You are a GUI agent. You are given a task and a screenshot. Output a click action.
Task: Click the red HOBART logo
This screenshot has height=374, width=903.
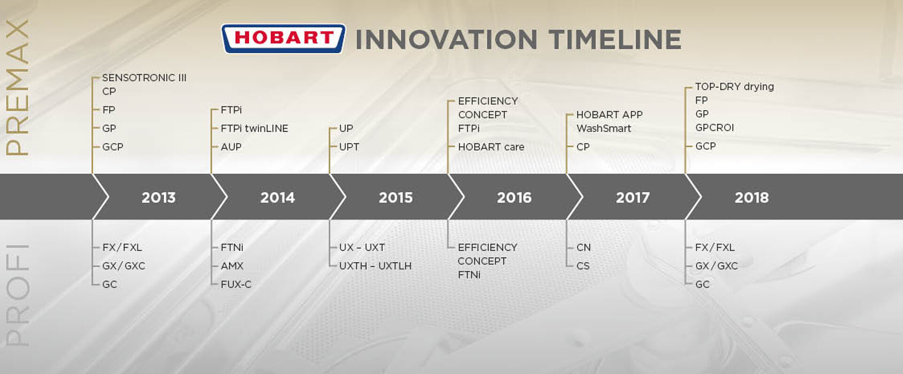[283, 39]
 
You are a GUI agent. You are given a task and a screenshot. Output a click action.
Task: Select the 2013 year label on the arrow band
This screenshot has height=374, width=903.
[158, 198]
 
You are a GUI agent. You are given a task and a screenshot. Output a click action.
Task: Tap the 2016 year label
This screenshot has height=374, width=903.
[514, 198]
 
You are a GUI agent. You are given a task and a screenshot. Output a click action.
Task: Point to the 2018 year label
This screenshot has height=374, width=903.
[752, 198]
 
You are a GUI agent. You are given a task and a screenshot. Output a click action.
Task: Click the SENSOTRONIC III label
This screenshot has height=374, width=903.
[144, 78]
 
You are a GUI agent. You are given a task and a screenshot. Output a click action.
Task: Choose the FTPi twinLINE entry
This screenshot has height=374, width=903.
[254, 128]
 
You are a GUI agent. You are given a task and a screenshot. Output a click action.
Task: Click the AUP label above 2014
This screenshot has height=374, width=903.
[231, 147]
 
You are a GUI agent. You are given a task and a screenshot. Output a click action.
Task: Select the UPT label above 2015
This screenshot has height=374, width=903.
[349, 147]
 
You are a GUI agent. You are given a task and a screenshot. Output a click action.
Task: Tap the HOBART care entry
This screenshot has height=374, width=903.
[491, 147]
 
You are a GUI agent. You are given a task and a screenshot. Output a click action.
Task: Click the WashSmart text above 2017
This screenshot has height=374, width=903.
[603, 128]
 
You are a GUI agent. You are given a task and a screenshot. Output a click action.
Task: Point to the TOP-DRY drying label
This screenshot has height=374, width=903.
[734, 87]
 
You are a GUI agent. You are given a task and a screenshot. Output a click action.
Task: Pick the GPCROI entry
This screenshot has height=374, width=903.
[714, 127]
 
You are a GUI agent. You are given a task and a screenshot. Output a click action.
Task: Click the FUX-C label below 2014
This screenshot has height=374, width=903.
[236, 284]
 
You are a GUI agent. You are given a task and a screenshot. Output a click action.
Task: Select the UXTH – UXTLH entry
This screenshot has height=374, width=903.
[375, 266]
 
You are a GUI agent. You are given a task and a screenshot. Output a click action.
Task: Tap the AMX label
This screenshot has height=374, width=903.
[232, 266]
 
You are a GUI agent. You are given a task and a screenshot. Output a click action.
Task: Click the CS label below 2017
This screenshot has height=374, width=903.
[583, 266]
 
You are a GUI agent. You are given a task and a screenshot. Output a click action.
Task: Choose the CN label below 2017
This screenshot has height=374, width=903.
[583, 247]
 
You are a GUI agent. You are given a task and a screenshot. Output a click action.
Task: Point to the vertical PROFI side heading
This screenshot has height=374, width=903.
[17, 295]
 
